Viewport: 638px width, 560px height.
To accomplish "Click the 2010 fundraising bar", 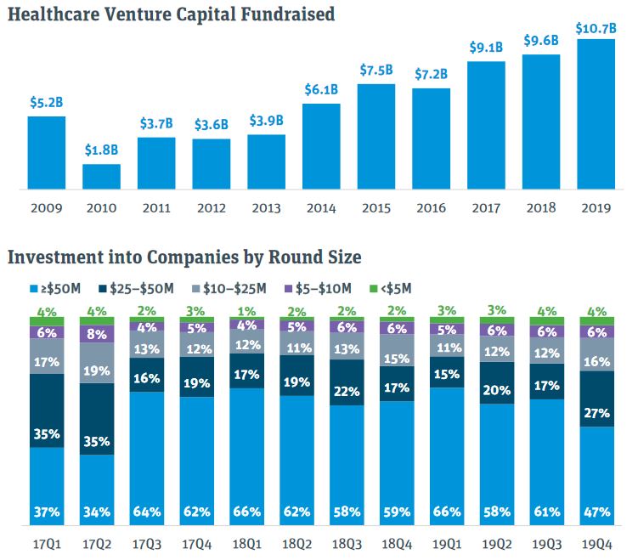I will click(x=101, y=176).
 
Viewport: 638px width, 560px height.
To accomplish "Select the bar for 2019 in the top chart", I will click(x=596, y=114).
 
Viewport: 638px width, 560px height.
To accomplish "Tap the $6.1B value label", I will click(x=321, y=89).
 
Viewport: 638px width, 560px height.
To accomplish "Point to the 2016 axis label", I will click(x=431, y=208).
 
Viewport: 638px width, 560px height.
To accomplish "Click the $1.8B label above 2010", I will click(x=101, y=150).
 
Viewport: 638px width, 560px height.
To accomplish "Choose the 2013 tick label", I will click(x=266, y=208).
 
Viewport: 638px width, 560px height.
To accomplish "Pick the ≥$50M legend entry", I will click(x=57, y=289).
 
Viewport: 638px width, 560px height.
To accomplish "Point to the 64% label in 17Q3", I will click(x=148, y=512).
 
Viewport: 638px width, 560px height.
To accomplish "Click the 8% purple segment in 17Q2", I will click(x=98, y=334).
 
